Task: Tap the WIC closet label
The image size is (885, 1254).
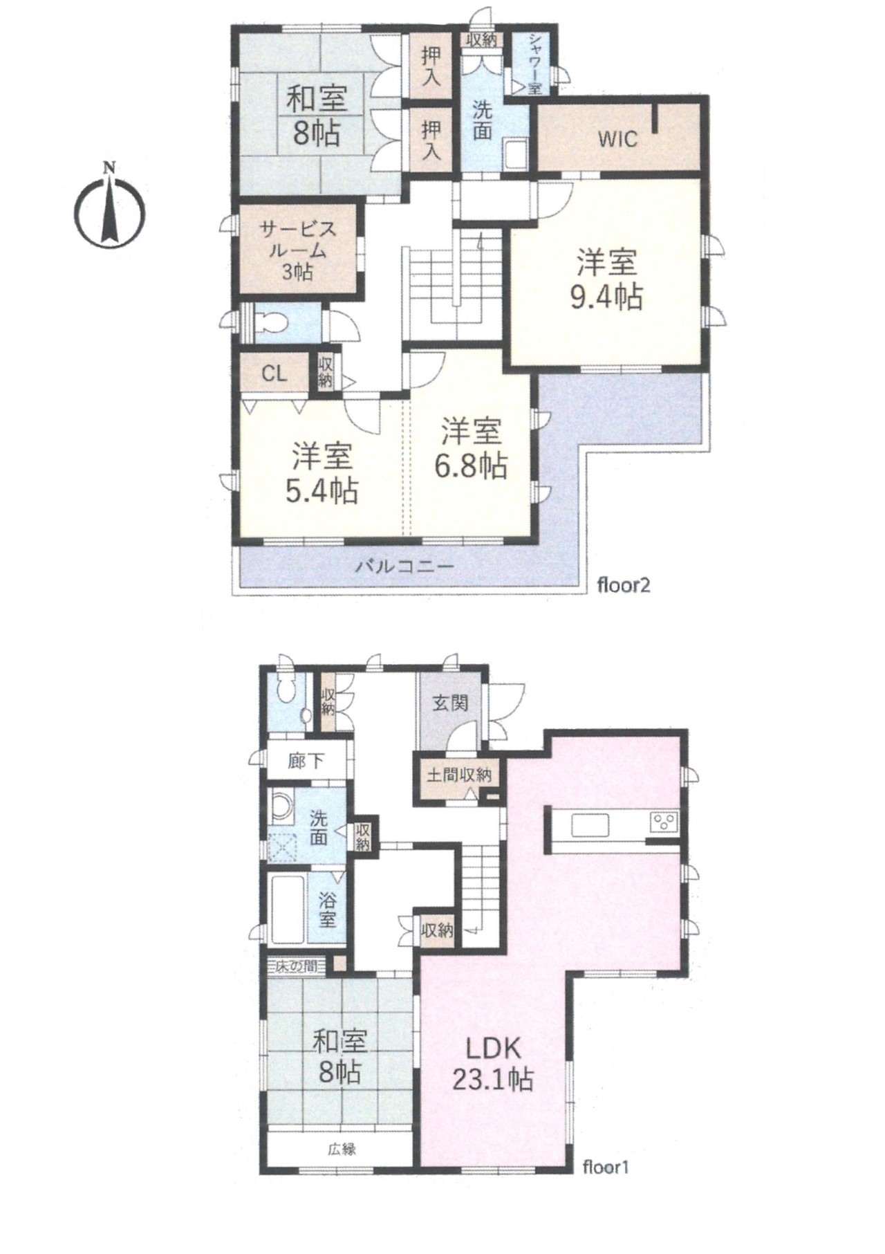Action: (x=617, y=139)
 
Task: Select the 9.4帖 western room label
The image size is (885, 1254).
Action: (x=606, y=279)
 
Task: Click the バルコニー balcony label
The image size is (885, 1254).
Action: (x=405, y=567)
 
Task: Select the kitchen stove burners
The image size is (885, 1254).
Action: (x=664, y=823)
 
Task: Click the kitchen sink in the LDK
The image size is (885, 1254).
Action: (x=589, y=825)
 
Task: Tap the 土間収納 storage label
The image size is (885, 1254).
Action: (x=458, y=775)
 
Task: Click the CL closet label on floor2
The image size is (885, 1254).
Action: (x=274, y=374)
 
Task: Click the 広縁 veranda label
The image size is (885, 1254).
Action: (x=342, y=1150)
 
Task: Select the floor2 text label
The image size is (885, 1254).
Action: (x=624, y=587)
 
